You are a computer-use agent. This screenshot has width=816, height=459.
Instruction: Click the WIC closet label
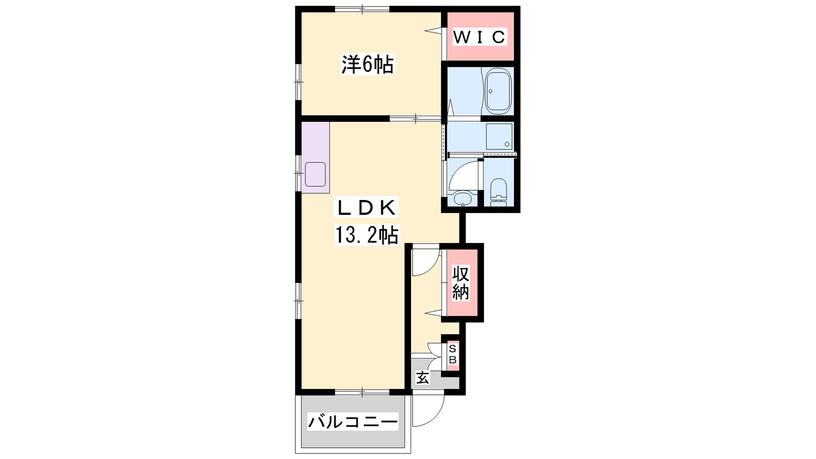tap(479, 36)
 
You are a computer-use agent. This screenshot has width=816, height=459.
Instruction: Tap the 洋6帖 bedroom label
tap(368, 64)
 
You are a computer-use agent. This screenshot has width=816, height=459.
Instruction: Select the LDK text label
tap(367, 208)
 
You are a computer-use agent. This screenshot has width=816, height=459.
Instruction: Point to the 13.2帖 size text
tap(367, 235)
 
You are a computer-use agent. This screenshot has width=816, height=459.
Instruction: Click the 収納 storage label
tap(461, 283)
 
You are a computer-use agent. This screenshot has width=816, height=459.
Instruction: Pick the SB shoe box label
tap(452, 354)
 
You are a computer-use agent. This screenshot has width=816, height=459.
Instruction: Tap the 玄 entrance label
tap(423, 378)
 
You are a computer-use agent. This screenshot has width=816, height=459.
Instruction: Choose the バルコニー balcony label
tap(352, 422)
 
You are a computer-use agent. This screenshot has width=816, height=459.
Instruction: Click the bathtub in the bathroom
tap(498, 91)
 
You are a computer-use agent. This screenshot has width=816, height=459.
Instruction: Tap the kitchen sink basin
tap(315, 174)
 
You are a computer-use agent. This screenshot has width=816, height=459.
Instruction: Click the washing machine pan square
tap(499, 137)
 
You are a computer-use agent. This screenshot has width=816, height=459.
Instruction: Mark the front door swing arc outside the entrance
tap(433, 416)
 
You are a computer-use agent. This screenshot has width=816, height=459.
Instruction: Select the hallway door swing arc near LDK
tap(430, 265)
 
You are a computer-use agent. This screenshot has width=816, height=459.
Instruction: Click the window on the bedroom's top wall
tap(362, 9)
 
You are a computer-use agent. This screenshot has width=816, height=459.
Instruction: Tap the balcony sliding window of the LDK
tap(362, 392)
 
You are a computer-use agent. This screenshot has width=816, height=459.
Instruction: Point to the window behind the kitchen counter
tap(298, 173)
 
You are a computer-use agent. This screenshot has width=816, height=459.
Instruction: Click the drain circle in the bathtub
tap(491, 91)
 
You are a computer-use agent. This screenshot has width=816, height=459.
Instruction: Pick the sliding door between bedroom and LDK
tap(416, 118)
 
